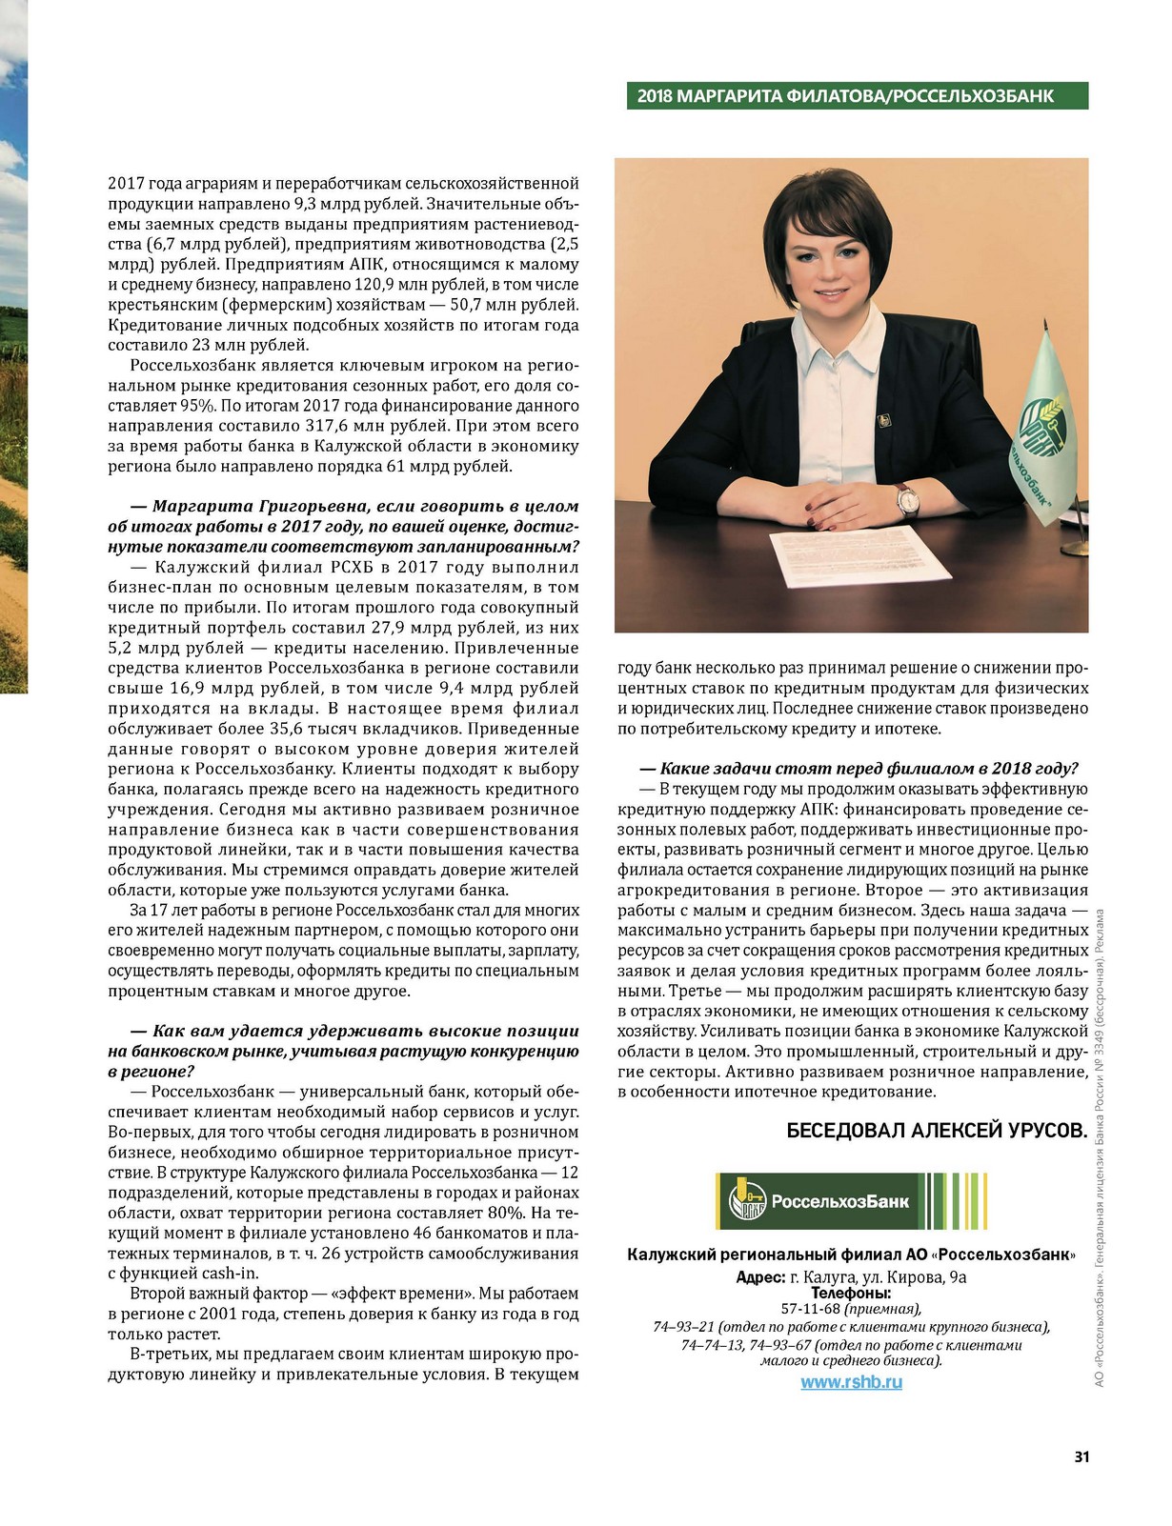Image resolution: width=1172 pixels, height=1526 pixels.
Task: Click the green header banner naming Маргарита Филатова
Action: pos(857,96)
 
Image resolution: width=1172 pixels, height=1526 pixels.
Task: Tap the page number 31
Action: pos(1081,1456)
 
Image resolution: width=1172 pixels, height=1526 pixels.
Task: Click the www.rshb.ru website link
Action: pos(851,1382)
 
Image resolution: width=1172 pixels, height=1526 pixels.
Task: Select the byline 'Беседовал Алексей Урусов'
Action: pos(937,1131)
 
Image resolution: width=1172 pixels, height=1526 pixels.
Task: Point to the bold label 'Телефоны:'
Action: pos(851,1293)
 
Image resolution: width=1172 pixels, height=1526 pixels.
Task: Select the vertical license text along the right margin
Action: pos(1099,1148)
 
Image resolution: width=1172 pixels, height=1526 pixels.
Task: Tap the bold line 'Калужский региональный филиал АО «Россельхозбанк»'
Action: pos(851,1255)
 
